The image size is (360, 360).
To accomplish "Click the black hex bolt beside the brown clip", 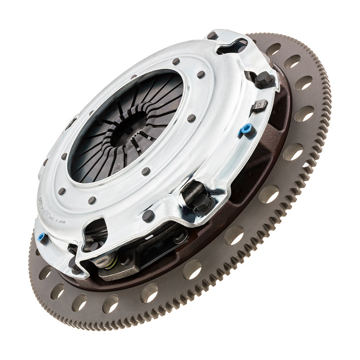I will point(264,80).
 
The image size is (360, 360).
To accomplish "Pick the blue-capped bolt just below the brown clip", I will point(246,130).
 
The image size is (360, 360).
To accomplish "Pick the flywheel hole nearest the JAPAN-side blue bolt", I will point(45,272).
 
